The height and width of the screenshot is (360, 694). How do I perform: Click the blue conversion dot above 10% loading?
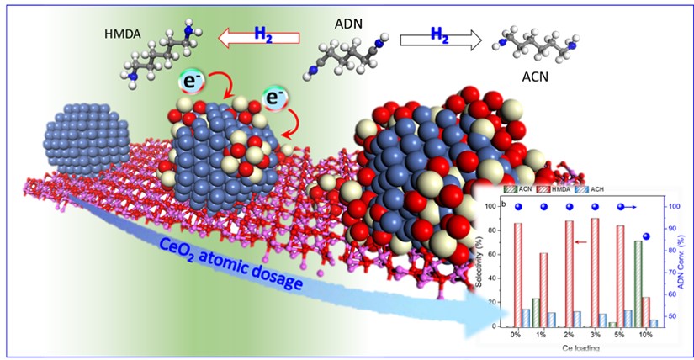click(646, 236)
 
